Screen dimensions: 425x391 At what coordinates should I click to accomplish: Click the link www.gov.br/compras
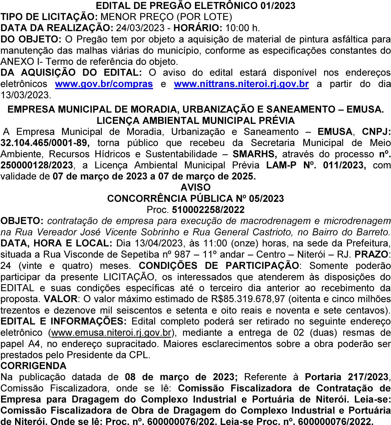[x=104, y=84]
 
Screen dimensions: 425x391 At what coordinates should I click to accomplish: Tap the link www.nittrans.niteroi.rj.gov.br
[x=241, y=84]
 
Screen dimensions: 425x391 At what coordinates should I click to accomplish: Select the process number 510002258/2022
[x=208, y=209]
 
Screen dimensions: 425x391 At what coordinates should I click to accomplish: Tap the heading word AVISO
[x=195, y=187]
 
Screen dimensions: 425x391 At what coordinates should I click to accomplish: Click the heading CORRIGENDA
[x=34, y=366]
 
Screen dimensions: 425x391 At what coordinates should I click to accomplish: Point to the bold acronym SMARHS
[x=255, y=154]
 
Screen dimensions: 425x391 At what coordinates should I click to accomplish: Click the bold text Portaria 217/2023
[x=347, y=377]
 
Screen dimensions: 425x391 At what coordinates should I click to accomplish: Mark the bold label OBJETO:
[x=22, y=221]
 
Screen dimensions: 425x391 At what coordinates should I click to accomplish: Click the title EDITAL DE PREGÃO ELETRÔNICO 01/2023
[x=196, y=6]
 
